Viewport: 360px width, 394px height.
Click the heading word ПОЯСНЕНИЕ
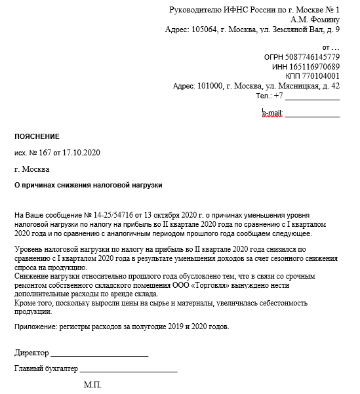(x=37, y=136)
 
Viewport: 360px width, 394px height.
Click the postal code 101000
(x=212, y=86)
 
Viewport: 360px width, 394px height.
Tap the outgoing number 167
(x=44, y=153)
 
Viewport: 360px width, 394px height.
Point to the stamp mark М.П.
(x=92, y=385)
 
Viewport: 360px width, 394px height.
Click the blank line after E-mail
(x=313, y=115)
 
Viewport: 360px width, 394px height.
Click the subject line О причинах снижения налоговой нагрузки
(x=88, y=186)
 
